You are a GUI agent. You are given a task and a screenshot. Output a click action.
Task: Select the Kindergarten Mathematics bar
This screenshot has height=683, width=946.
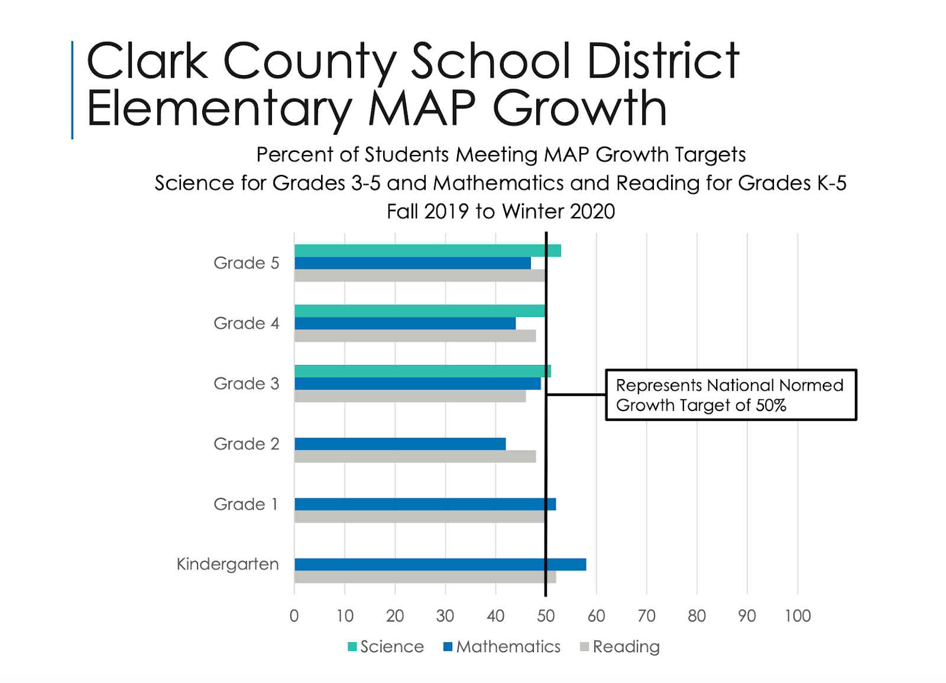coord(440,564)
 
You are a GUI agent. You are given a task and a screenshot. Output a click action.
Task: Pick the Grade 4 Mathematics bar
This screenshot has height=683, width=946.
coord(405,323)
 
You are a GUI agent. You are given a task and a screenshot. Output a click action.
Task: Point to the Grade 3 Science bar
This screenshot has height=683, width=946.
coord(422,371)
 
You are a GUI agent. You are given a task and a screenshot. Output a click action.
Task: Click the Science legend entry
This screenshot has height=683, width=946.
coord(386,646)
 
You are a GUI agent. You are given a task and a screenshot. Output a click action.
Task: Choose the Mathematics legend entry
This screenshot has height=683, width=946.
coord(502,646)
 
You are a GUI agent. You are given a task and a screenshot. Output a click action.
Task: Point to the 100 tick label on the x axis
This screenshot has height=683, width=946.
coord(797,616)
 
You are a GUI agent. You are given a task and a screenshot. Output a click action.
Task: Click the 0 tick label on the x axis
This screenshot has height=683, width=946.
coord(294,616)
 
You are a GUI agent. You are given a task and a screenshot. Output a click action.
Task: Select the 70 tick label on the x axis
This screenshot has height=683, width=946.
coord(646,616)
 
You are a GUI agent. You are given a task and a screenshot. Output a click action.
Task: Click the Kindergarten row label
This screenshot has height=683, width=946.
coord(228,564)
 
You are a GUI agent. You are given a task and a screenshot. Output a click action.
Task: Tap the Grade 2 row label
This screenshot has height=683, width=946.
coord(246,444)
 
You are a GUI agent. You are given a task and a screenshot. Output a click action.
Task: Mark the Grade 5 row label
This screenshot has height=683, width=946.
coord(246,263)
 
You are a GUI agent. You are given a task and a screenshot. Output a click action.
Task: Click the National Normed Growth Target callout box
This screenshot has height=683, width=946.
coord(731,395)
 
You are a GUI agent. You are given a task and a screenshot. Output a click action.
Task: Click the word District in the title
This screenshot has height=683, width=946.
coord(663,60)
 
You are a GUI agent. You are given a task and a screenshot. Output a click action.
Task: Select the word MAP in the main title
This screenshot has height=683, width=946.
coord(422,108)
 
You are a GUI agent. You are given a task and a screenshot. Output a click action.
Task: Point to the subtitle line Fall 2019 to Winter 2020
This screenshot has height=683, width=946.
coord(501,211)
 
